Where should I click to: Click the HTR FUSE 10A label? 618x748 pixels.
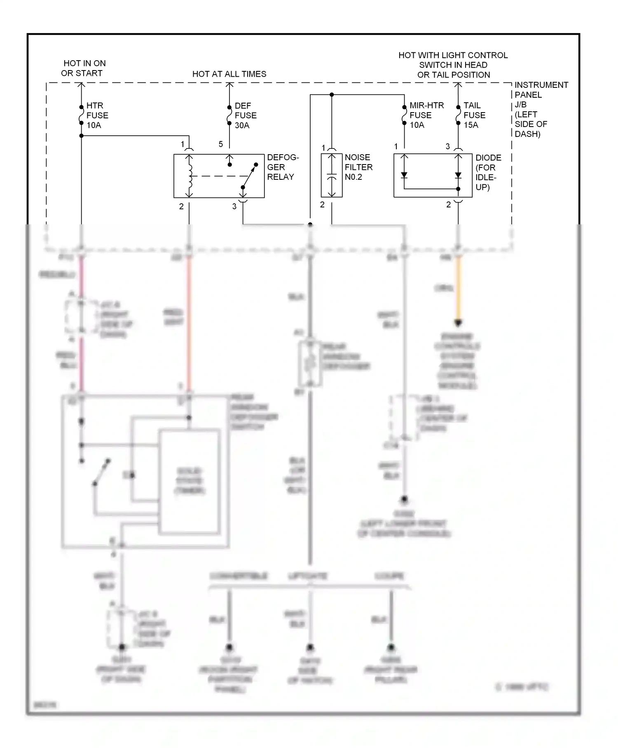click(x=97, y=115)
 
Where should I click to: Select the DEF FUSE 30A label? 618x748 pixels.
click(x=246, y=115)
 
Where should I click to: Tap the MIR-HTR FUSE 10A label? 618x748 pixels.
click(x=426, y=115)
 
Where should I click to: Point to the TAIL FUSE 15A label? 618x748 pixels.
click(x=474, y=115)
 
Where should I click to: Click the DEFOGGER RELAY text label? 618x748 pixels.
click(x=283, y=167)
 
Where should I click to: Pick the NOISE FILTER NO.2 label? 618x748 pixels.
click(x=358, y=167)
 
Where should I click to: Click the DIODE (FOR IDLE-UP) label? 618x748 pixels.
click(x=488, y=172)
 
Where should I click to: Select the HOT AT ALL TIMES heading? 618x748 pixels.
click(x=229, y=74)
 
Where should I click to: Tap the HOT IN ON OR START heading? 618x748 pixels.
click(x=84, y=68)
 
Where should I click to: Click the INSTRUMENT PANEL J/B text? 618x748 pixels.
click(x=541, y=109)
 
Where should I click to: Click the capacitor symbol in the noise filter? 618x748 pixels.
click(x=332, y=176)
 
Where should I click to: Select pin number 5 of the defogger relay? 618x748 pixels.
click(x=221, y=144)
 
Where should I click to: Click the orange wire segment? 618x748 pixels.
click(x=458, y=289)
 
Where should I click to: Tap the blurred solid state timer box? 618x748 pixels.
click(x=190, y=481)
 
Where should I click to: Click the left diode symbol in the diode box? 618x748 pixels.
click(x=404, y=175)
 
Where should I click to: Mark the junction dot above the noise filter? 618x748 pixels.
click(x=332, y=95)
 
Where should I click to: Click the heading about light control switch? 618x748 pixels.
click(x=453, y=65)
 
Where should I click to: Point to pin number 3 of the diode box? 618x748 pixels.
click(x=448, y=146)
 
